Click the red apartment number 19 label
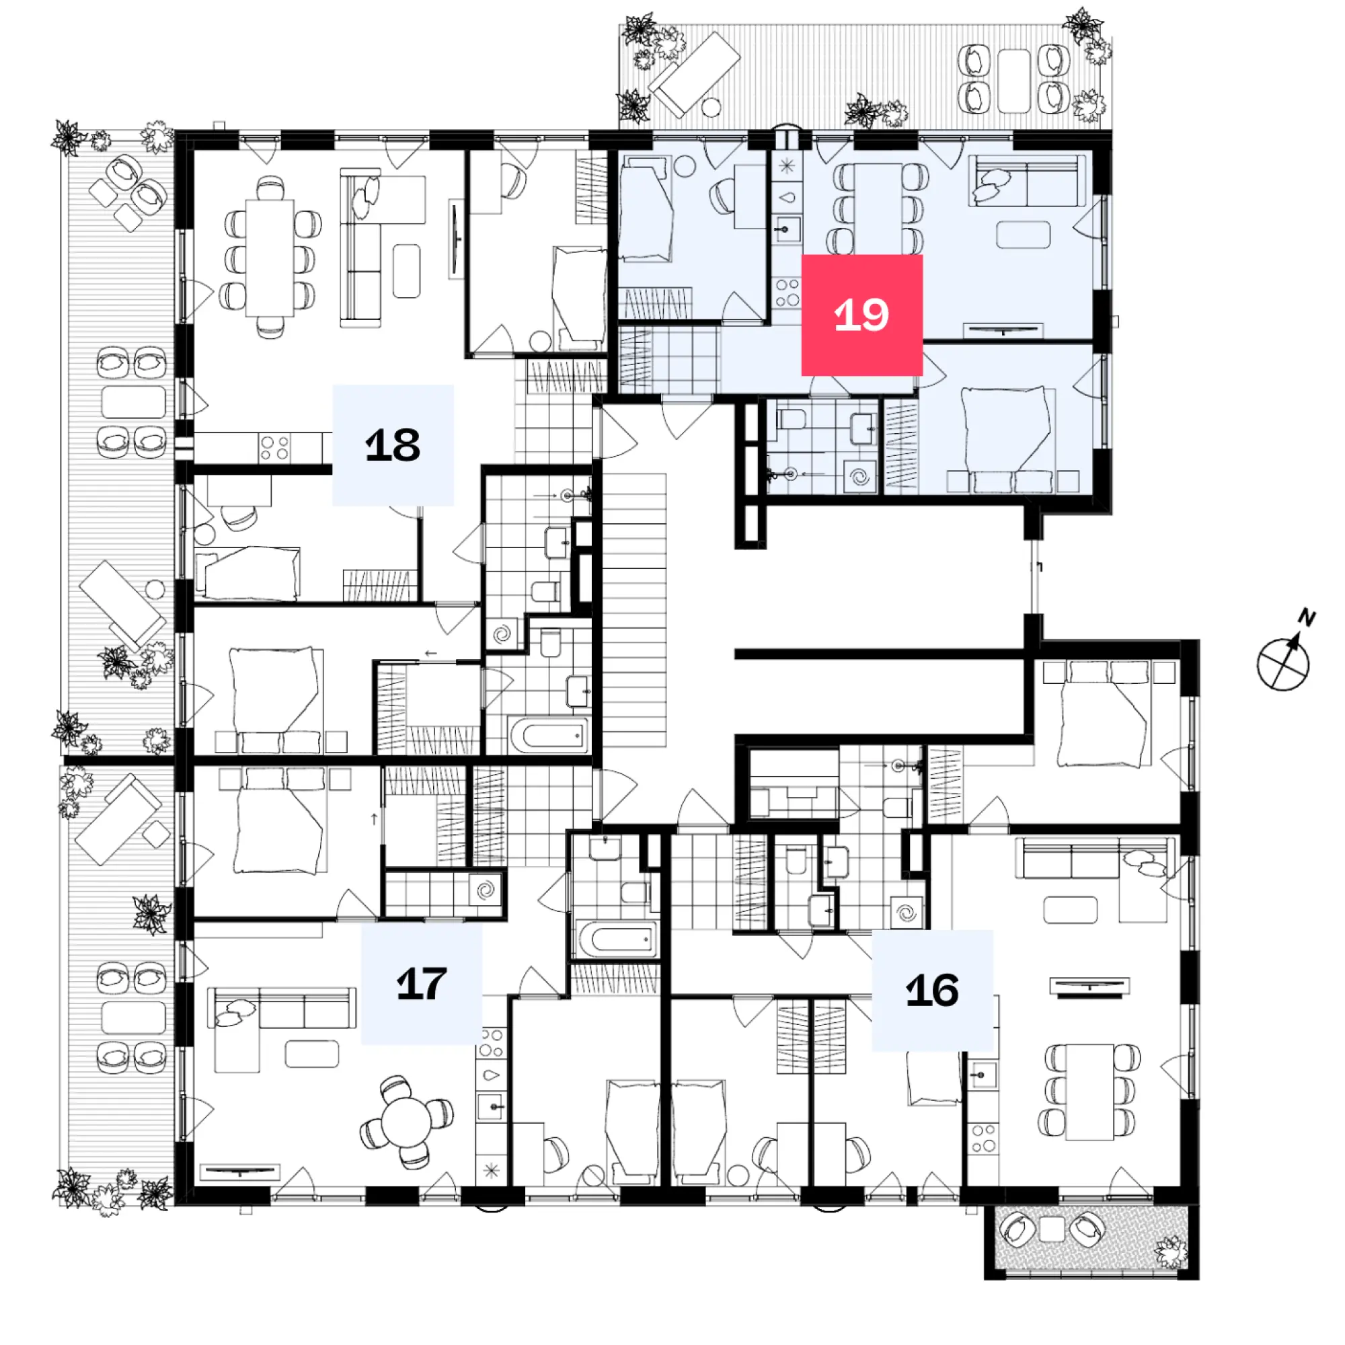(x=862, y=315)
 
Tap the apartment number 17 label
(x=421, y=984)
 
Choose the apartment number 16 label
(x=932, y=990)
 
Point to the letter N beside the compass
(x=1307, y=617)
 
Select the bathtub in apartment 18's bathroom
(x=549, y=734)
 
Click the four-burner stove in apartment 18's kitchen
(x=274, y=447)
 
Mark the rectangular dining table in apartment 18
(x=270, y=258)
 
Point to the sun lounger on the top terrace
(x=694, y=73)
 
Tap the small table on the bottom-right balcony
(x=1052, y=1229)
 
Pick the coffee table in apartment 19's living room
(x=1023, y=235)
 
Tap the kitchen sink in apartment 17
(x=492, y=1106)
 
